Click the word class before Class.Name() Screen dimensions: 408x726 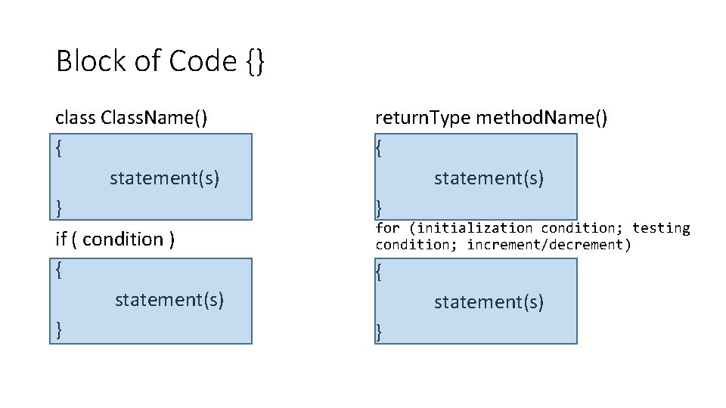(x=75, y=118)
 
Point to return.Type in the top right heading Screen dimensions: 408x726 (x=423, y=118)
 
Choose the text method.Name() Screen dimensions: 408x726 (x=541, y=118)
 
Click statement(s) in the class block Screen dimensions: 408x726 (x=164, y=178)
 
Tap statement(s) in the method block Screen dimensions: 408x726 (x=489, y=178)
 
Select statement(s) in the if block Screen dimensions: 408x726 (x=169, y=299)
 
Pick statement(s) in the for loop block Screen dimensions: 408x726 (x=489, y=302)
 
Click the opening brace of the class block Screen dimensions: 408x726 (x=60, y=148)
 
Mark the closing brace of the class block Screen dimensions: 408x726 (x=60, y=206)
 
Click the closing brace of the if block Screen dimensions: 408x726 (x=60, y=329)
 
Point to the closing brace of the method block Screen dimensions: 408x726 (x=380, y=207)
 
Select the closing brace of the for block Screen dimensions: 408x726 (x=380, y=330)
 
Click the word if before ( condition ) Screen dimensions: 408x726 (x=61, y=240)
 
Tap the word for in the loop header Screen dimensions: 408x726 (x=388, y=227)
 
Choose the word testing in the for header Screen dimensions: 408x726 (x=661, y=227)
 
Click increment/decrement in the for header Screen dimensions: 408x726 (x=548, y=244)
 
